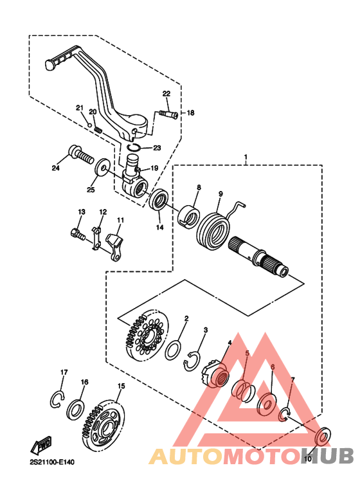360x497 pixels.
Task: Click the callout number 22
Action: pyautogui.click(x=166, y=93)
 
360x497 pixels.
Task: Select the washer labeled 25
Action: pyautogui.click(x=102, y=166)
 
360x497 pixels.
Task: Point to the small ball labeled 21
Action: pyautogui.click(x=90, y=125)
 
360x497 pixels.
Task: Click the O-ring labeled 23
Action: pyautogui.click(x=134, y=147)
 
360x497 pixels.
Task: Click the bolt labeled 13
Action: pyautogui.click(x=77, y=234)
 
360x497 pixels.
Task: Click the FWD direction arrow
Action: pyautogui.click(x=41, y=446)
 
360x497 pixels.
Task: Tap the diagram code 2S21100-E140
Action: pyautogui.click(x=52, y=462)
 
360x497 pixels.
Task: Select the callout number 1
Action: pyautogui.click(x=246, y=157)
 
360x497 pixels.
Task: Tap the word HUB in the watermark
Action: pyautogui.click(x=327, y=456)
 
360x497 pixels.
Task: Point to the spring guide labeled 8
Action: pyautogui.click(x=188, y=216)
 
